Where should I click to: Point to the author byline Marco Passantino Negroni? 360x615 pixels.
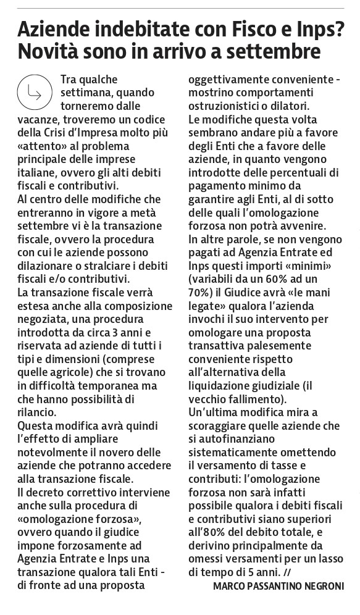point(278,585)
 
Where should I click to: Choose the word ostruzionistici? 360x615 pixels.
point(229,107)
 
